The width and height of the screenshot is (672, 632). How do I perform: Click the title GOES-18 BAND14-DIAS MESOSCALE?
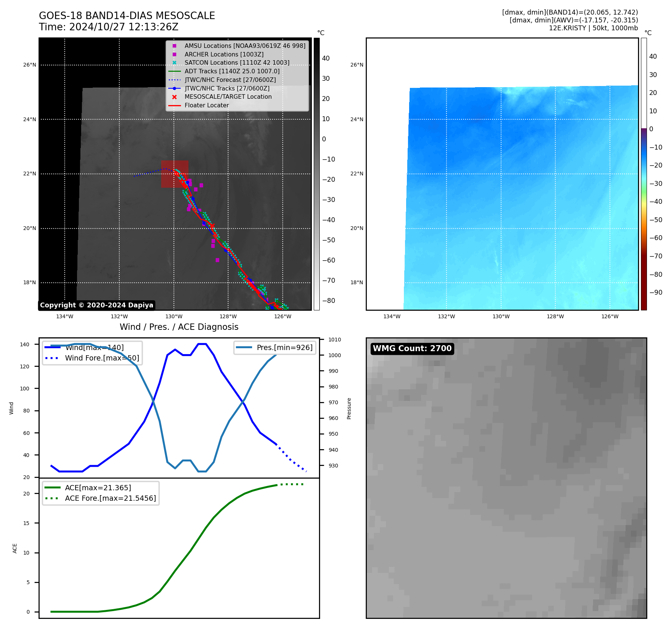pos(127,16)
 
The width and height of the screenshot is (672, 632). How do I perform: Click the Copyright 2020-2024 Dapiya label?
pos(96,305)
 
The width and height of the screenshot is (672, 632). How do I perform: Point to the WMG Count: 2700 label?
pos(412,349)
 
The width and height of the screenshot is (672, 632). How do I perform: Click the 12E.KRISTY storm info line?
pos(593,28)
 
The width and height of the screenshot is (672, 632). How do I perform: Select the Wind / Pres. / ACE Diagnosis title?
pos(179,327)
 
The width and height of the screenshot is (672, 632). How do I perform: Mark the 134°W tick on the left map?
pos(65,316)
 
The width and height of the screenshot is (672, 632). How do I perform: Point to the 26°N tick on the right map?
pos(356,65)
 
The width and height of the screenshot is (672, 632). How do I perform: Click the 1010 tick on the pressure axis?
pos(335,340)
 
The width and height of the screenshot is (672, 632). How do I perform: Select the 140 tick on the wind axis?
pos(24,344)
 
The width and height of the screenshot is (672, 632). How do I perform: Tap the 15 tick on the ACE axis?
pos(26,523)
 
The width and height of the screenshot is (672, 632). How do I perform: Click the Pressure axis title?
pos(349,408)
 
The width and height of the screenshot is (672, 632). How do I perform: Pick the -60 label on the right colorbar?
pos(656,238)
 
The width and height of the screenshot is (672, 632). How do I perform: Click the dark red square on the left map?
pos(175,174)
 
